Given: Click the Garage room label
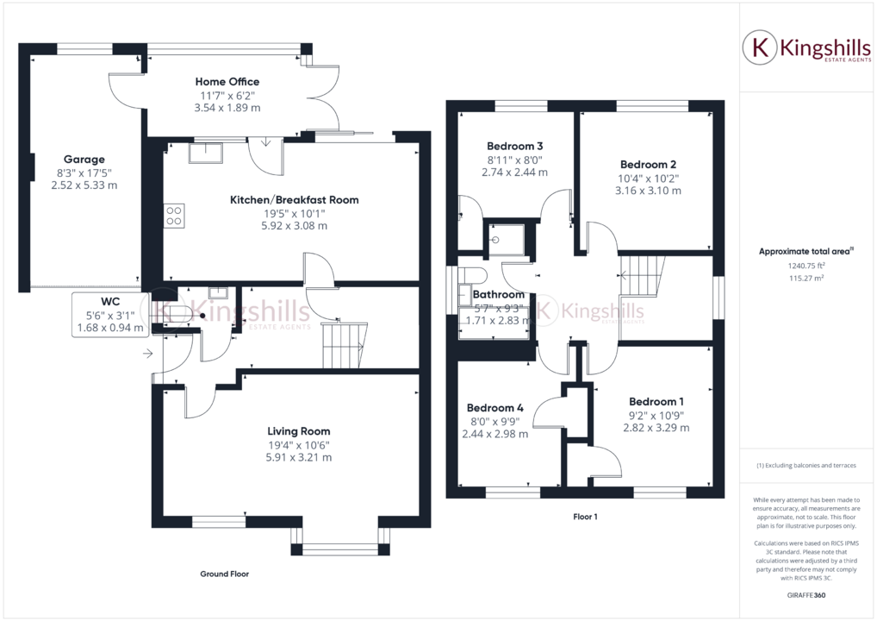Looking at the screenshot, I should tap(84, 160).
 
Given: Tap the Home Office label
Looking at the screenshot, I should tap(227, 82).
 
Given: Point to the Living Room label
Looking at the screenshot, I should tap(298, 431).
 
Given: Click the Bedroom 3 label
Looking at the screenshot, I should tap(514, 146).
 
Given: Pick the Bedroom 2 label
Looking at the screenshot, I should tap(648, 165).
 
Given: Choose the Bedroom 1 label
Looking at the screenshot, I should tap(656, 402).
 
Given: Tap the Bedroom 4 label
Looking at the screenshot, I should tap(495, 408).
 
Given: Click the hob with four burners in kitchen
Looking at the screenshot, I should tap(173, 215).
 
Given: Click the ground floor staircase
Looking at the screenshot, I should tap(344, 344).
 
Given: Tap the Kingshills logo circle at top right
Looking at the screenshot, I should tap(760, 47).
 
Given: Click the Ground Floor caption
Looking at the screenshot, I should tap(225, 574).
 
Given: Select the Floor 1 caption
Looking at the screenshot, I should tap(585, 517).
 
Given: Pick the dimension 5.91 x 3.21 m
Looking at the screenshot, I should tap(298, 458).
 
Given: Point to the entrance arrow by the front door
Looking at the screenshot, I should tap(148, 353).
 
